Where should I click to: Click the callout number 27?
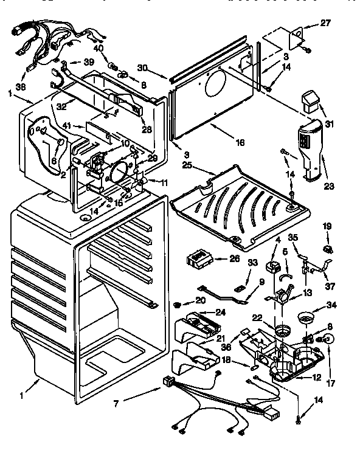[x=325, y=24]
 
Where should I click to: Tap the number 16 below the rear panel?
[x=240, y=142]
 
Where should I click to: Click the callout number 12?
[x=316, y=378]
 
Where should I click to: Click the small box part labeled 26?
[x=198, y=261]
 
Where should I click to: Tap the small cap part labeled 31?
[x=310, y=100]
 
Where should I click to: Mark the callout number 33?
[x=235, y=263]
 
